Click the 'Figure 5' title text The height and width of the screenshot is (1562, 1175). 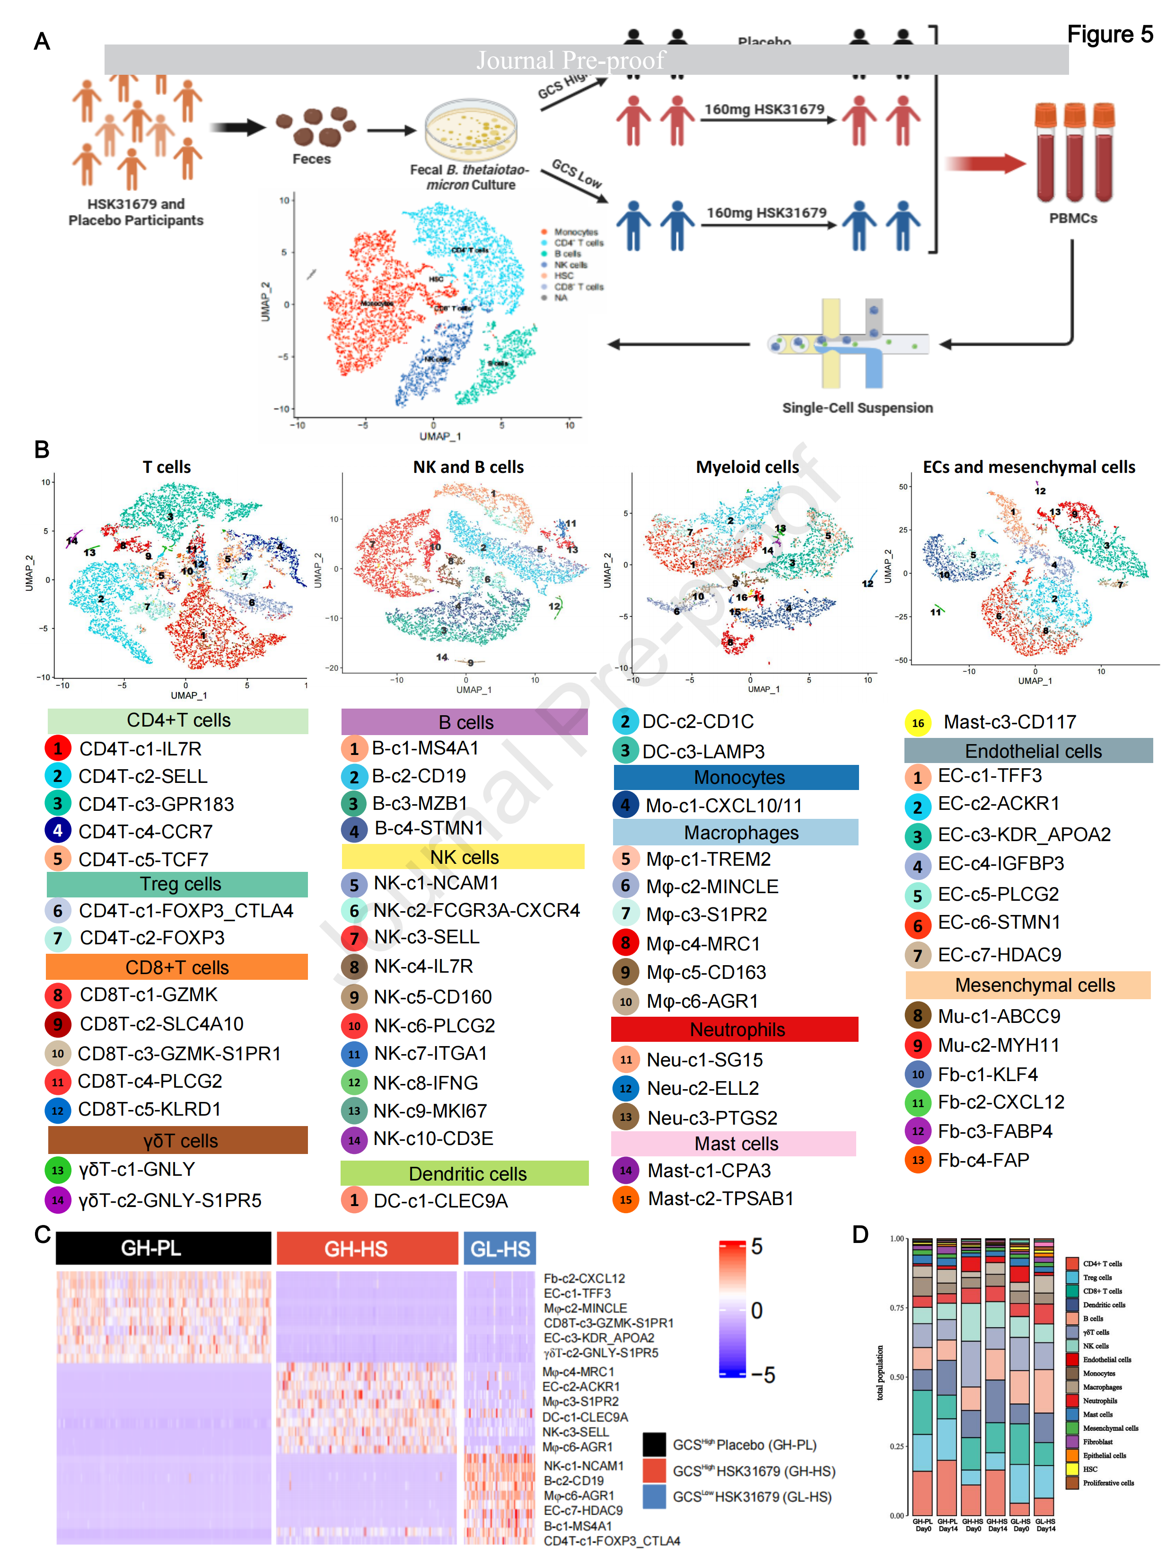click(x=1109, y=34)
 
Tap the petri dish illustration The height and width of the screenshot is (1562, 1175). click(x=471, y=131)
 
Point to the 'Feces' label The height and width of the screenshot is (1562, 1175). click(x=311, y=159)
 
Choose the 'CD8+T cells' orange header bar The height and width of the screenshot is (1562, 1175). click(x=177, y=967)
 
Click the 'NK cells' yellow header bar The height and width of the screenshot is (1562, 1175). click(x=464, y=857)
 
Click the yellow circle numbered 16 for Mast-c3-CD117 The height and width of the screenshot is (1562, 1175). click(x=917, y=722)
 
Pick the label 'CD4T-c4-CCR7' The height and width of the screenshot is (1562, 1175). click(x=145, y=831)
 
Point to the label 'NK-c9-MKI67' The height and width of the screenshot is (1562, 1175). click(x=430, y=1111)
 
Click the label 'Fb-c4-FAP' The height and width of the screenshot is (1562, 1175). click(x=983, y=1160)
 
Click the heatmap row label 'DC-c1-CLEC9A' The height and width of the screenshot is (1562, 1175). click(x=585, y=1417)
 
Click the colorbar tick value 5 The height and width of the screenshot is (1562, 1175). click(x=756, y=1246)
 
